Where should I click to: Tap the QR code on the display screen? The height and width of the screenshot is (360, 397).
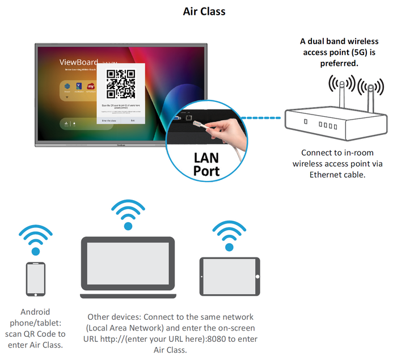pos(121,84)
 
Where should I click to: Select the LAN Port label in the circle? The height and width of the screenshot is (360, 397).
pos(206,164)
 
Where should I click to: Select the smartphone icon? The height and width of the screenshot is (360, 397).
pos(36,279)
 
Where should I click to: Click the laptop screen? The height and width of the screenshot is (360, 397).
pos(128,265)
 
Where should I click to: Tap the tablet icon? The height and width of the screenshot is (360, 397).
pos(229,276)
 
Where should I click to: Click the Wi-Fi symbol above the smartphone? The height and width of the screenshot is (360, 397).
pos(36,239)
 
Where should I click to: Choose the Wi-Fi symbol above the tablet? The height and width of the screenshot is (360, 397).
pos(229,234)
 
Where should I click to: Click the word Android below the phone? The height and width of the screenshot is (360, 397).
pos(35,311)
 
